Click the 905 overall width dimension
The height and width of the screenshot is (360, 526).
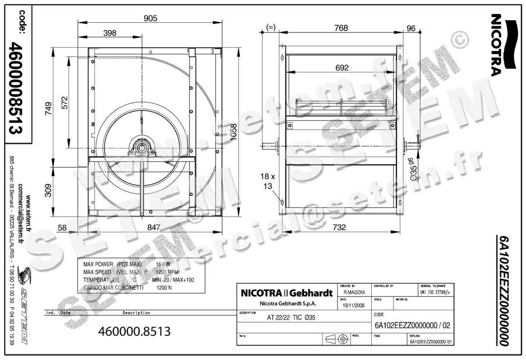(x=150, y=18)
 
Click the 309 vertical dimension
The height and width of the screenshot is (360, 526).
(x=48, y=190)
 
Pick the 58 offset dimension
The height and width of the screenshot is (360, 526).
(x=62, y=227)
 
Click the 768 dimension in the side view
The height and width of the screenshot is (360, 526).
(x=341, y=28)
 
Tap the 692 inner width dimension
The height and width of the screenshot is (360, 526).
(x=341, y=67)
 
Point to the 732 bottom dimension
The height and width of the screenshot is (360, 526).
(x=339, y=227)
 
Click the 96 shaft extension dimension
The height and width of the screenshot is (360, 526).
(x=411, y=28)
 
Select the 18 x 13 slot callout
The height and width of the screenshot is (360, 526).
(x=267, y=181)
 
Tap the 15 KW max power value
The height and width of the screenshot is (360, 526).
(x=163, y=265)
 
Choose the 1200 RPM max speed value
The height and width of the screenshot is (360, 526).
(x=167, y=272)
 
